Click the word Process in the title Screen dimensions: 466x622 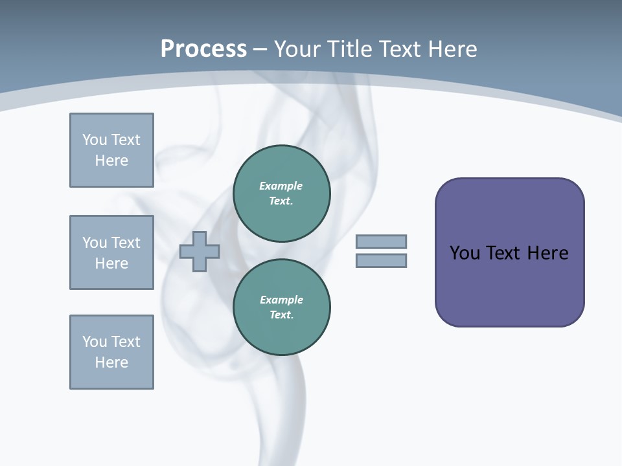203,49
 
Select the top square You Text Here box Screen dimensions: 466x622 111,150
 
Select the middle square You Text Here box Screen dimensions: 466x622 111,252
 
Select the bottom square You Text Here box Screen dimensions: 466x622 111,352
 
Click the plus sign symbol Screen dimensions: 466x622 200,252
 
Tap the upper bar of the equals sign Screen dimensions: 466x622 381,241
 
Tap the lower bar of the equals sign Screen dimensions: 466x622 381,261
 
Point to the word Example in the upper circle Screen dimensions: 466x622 281,186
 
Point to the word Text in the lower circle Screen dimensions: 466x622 281,315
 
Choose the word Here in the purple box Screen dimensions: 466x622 547,253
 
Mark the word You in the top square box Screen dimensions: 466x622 94,140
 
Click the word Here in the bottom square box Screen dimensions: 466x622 111,362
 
